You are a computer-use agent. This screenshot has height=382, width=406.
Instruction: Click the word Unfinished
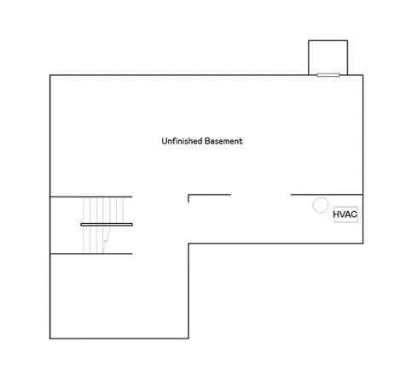click(182, 141)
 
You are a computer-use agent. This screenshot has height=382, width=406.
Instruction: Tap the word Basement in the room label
click(223, 141)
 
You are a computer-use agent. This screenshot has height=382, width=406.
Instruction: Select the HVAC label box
click(345, 215)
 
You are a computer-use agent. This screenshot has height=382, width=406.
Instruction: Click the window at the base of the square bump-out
click(328, 75)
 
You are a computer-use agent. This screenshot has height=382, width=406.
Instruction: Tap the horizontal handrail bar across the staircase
click(107, 225)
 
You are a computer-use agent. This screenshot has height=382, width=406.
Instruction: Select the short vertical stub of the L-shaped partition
click(188, 198)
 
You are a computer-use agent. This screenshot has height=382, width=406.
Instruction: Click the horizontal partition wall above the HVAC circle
click(327, 195)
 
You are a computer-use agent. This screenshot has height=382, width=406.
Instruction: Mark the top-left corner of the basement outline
click(50, 75)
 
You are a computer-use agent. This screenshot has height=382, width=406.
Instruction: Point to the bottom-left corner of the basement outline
click(50, 338)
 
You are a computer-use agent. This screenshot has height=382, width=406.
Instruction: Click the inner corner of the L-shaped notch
click(188, 244)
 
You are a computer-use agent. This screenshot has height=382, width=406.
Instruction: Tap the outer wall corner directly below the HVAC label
click(362, 244)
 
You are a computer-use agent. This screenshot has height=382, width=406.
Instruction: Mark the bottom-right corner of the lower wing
click(188, 338)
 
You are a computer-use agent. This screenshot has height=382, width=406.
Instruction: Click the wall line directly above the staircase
click(91, 197)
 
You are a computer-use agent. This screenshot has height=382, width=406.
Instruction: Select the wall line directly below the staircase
click(91, 254)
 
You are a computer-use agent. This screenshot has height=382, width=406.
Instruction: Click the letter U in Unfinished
click(164, 141)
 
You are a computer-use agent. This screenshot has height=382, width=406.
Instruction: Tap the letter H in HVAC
click(336, 215)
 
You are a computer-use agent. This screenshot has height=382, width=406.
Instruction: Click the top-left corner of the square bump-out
click(309, 40)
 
